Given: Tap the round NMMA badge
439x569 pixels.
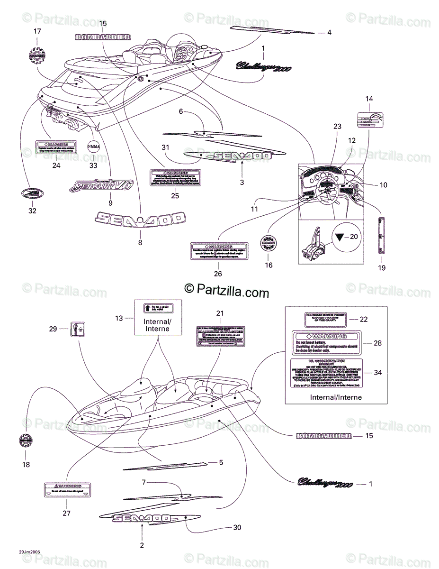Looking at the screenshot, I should tap(94, 146).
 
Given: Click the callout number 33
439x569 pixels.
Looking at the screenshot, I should tap(93, 166).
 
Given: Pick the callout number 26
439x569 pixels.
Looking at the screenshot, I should tap(218, 274).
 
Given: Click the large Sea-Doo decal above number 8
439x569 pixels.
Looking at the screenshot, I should tap(140, 219).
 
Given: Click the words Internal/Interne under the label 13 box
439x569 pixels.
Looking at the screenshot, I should tap(158, 325).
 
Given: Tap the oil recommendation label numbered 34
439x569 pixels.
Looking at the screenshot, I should tap(326, 373).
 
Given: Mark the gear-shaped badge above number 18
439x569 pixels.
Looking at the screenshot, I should tap(26, 441).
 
